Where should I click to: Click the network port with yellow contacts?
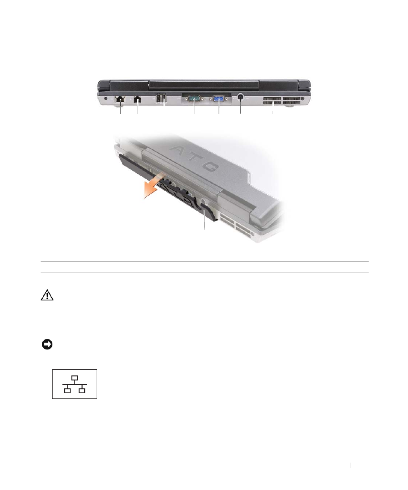pos(120,99)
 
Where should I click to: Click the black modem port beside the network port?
pos(137,99)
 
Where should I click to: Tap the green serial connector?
pos(194,99)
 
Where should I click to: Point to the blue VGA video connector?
pos(219,99)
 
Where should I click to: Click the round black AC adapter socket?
pos(240,97)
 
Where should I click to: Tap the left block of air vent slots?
pos(272,101)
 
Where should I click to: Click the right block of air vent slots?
pos(292,101)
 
